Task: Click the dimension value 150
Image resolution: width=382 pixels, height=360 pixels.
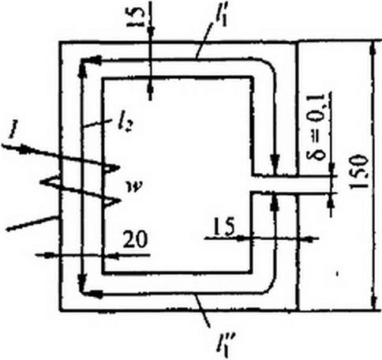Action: [358, 171]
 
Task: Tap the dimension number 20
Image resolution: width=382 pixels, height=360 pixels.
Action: [135, 239]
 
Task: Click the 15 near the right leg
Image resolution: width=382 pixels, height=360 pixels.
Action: [224, 227]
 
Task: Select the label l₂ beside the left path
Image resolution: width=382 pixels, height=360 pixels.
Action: [125, 126]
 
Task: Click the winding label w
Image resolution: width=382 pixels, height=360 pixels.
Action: [133, 187]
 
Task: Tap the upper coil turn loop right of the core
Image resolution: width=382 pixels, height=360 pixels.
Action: [110, 168]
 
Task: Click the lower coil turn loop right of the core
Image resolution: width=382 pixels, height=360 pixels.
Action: [111, 202]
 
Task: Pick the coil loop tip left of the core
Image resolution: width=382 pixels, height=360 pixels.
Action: [50, 181]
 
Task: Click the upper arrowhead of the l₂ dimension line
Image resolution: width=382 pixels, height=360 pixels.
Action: [83, 70]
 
